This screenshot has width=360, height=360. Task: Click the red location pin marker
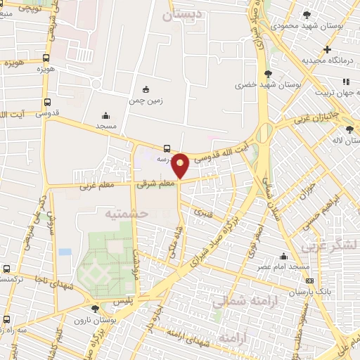pos(181,165)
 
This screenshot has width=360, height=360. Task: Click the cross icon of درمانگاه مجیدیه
pos(327,49)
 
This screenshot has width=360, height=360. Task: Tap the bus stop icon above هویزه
pos(46,58)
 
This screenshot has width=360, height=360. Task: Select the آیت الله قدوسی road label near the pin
pos(221,153)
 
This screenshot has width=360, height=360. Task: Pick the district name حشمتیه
pos(127,212)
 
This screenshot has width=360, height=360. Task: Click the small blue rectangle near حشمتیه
pos(65,251)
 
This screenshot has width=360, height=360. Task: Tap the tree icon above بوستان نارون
pos(95,308)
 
